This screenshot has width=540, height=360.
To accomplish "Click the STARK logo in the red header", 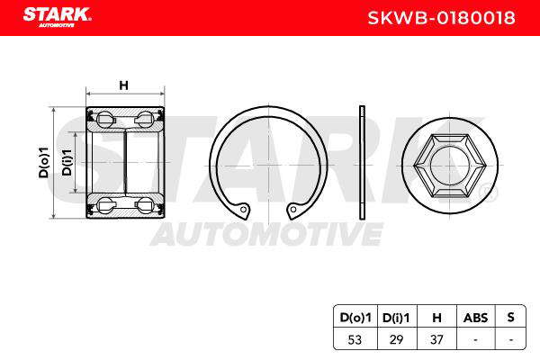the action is [x=57, y=16].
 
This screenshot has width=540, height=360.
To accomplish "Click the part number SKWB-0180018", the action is [x=441, y=18].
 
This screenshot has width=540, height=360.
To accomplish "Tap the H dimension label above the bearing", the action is [x=123, y=85].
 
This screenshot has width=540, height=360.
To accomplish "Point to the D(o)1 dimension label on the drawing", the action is [x=44, y=162].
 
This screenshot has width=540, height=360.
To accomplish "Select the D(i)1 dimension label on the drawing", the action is [x=67, y=162].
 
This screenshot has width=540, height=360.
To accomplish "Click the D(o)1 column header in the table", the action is [x=355, y=318].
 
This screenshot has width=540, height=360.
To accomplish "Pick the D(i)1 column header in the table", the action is [x=396, y=318].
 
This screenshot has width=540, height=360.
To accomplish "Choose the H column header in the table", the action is [x=436, y=318].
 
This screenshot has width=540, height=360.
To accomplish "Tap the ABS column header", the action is [x=475, y=318].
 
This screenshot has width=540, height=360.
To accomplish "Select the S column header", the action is [x=510, y=317].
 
